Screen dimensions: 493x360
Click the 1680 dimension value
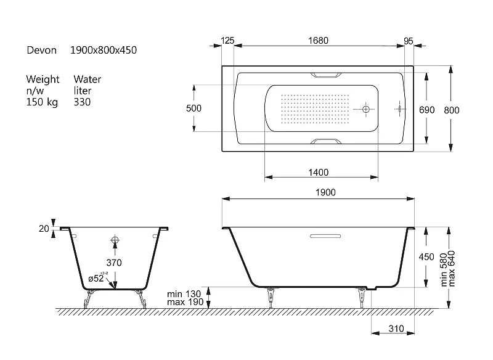(318, 41)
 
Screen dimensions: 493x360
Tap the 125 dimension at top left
(227, 41)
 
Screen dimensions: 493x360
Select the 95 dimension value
(408, 41)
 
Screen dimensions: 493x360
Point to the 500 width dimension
(194, 108)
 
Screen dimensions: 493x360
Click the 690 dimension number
(426, 110)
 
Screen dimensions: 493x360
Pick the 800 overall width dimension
(452, 110)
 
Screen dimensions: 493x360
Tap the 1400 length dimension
(318, 173)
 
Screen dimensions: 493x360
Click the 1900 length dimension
(325, 192)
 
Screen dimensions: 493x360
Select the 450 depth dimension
(426, 257)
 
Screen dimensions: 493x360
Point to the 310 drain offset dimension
(396, 329)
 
